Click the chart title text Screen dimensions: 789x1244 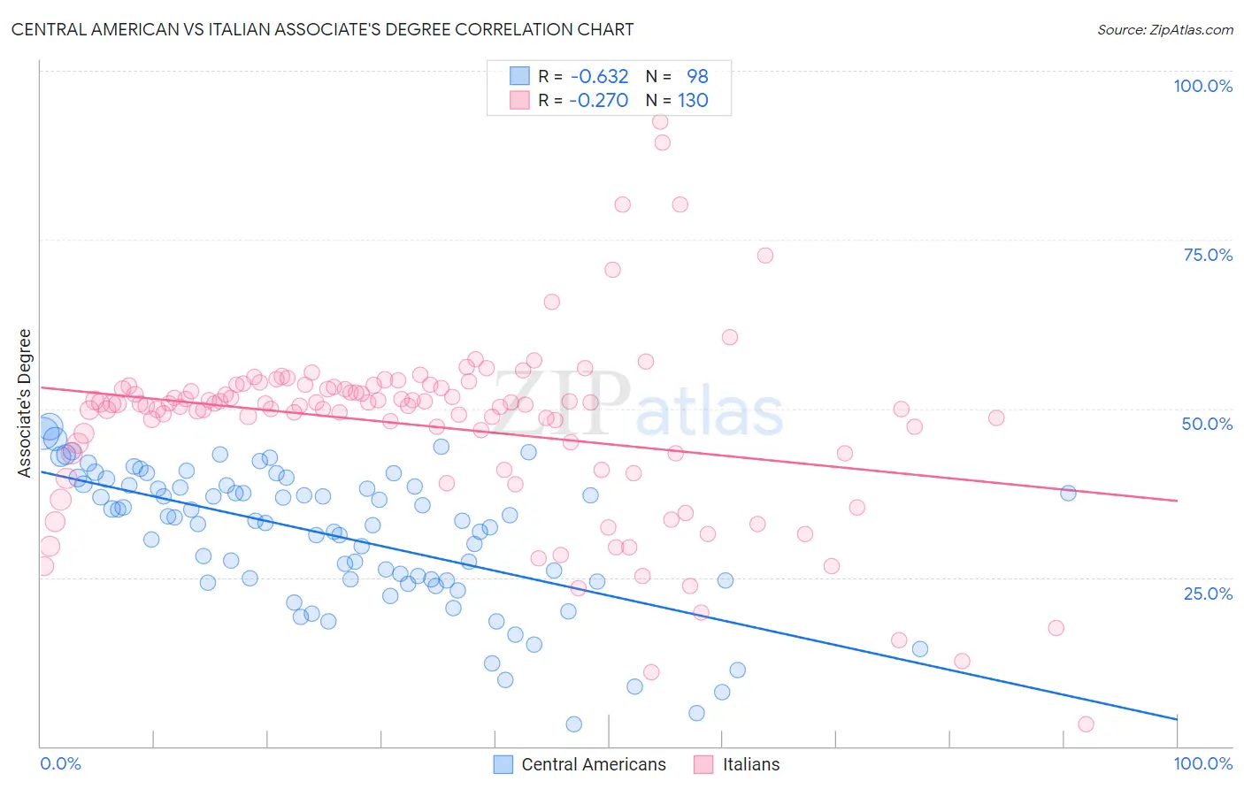[322, 29]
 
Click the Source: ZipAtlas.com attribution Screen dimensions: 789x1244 [1164, 29]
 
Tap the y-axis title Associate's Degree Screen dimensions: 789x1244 [24, 402]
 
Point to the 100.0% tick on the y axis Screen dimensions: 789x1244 [1202, 86]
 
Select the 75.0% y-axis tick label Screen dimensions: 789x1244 [1208, 255]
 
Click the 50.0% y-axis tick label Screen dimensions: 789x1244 [1207, 424]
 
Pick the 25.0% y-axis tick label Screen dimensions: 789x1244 [1208, 593]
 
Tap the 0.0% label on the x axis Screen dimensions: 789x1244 [60, 763]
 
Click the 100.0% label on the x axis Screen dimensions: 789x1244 [1202, 763]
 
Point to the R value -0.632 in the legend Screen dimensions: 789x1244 [599, 77]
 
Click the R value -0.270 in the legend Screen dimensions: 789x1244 [599, 100]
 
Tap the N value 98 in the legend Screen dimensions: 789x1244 [697, 77]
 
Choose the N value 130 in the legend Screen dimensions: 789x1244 [693, 100]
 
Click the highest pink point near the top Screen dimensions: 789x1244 [660, 122]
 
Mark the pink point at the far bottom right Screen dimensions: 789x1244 [1086, 724]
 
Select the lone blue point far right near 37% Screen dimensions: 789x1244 [1068, 493]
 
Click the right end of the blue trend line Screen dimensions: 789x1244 [1177, 718]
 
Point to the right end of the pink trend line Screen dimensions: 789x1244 [1177, 501]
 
